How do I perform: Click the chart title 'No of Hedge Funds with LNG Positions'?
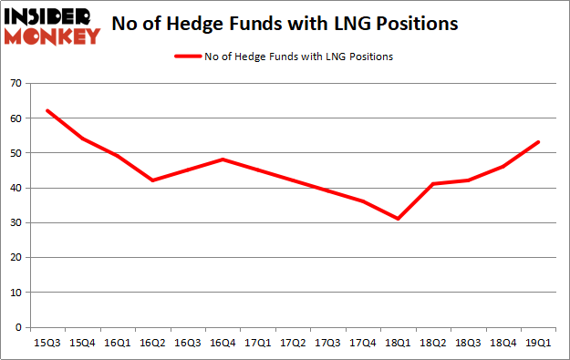pos(284,25)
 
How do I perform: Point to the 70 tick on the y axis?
pos(16,84)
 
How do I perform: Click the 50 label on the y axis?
pos(16,153)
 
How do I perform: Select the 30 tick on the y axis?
pos(16,223)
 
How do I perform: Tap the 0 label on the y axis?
pos(19,327)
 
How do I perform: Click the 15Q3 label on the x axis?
pos(47,342)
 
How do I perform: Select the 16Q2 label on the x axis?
pos(152,342)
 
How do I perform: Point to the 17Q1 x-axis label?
pos(257,342)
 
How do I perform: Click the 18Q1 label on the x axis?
pos(398,342)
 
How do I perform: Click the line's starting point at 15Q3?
pos(47,111)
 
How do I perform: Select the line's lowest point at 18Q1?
pos(398,219)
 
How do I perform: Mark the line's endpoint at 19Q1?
pos(538,142)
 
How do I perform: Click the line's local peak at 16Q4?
pos(223,159)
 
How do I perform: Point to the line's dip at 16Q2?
pos(152,180)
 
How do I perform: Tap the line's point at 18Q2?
pos(432,184)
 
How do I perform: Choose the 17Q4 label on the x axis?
pos(363,342)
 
